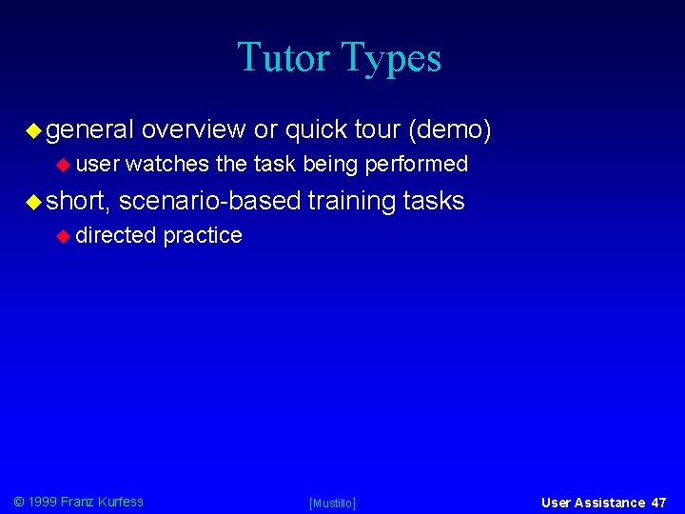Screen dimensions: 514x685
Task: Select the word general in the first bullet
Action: pos(89,128)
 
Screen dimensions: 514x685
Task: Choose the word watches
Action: pos(166,165)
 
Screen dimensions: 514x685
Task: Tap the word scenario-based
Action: pos(209,201)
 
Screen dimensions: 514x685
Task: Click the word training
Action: pos(352,201)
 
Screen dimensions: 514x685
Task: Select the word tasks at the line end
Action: pos(434,201)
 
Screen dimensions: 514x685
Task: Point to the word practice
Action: pos(203,235)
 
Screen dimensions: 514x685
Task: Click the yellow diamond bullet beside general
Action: pos(33,128)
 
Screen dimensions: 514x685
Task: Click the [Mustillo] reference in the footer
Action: pos(332,503)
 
